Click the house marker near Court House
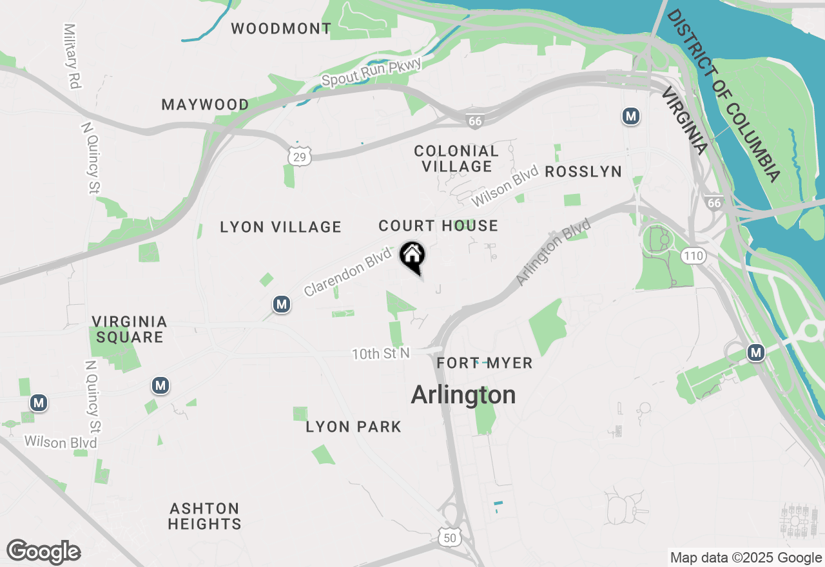(x=412, y=256)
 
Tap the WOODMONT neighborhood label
(x=281, y=28)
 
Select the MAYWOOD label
(x=205, y=104)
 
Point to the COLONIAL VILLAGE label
(x=456, y=159)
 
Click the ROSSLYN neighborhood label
(x=583, y=171)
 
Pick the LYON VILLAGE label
(x=280, y=227)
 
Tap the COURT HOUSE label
(x=438, y=226)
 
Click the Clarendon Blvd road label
(x=348, y=273)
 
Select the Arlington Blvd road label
(x=554, y=252)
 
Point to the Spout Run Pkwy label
(x=371, y=72)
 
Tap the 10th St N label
(x=380, y=354)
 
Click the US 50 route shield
(x=449, y=537)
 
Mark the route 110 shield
(x=694, y=256)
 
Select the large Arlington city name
(x=463, y=395)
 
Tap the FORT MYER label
(x=485, y=363)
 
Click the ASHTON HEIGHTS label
(x=205, y=516)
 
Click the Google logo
(x=43, y=552)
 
